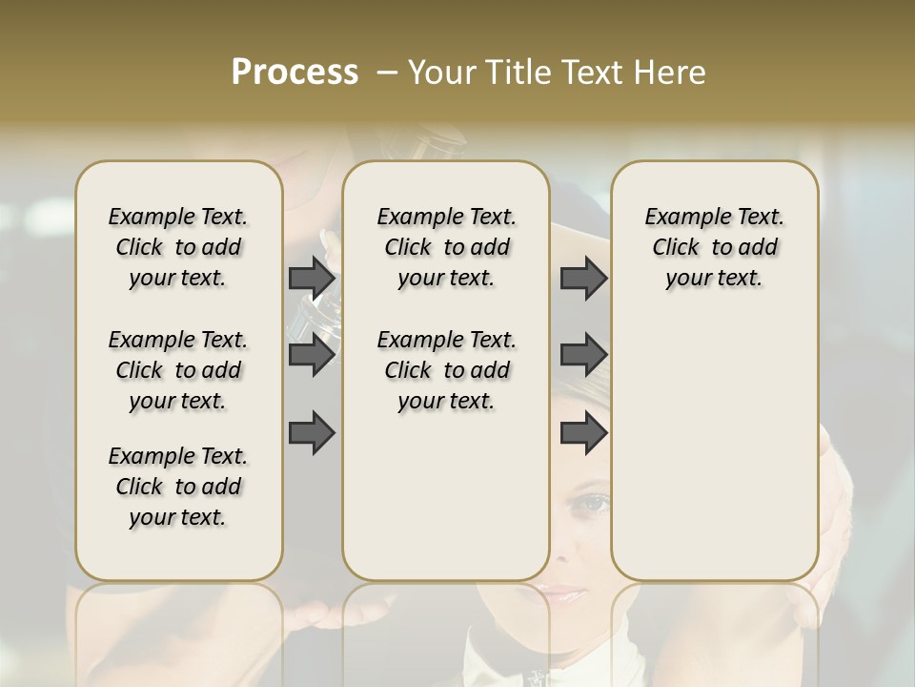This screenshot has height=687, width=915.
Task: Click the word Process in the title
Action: click(x=295, y=73)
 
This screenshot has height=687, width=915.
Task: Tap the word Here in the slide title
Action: click(x=671, y=73)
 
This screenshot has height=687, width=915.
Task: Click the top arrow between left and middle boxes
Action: click(x=312, y=278)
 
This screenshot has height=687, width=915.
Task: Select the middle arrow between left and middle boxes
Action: click(x=312, y=355)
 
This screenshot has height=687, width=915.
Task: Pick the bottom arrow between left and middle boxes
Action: click(x=312, y=434)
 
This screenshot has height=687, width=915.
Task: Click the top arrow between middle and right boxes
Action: click(x=583, y=278)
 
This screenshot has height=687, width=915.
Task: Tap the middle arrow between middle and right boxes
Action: click(x=583, y=355)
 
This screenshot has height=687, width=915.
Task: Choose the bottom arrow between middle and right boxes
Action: click(x=583, y=434)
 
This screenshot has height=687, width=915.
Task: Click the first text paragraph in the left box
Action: click(x=178, y=247)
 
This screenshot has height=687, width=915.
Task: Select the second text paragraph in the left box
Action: click(x=178, y=370)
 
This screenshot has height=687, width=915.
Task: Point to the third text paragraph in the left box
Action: click(x=178, y=487)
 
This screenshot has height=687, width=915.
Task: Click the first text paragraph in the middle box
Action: click(x=446, y=247)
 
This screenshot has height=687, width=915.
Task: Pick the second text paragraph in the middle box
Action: click(x=446, y=370)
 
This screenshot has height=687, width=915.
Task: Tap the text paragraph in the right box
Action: click(x=715, y=247)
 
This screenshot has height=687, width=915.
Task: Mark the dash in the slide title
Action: click(x=387, y=73)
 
